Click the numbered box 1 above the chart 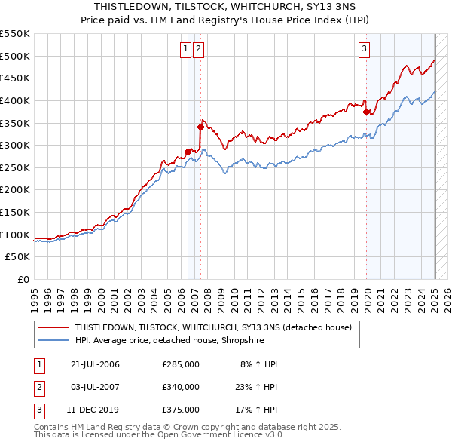[x=185, y=50]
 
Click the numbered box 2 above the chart [x=198, y=50]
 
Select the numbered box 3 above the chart [x=364, y=50]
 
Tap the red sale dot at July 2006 [x=188, y=152]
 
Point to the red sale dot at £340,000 [x=200, y=127]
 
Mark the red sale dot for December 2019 [x=367, y=112]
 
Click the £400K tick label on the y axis [x=17, y=100]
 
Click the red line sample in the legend [x=53, y=327]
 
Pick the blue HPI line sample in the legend [x=53, y=340]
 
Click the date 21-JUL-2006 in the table [x=95, y=364]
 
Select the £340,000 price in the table [x=181, y=387]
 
